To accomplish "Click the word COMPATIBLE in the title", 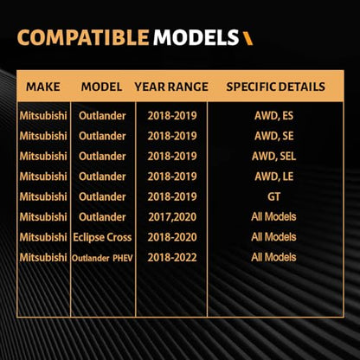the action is tap(83, 38).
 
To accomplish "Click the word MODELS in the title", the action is tap(196, 38).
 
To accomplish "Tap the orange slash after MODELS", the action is tap(247, 38).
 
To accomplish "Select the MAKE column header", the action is tap(43, 87).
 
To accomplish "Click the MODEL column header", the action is tap(101, 87).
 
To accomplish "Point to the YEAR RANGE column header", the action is tap(171, 87).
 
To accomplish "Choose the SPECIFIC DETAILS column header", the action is tap(275, 87).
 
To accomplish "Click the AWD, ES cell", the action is tap(273, 116).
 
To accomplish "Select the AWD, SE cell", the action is tap(273, 136).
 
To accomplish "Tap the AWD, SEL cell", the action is tap(273, 157).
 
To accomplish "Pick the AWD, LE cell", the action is tap(273, 177).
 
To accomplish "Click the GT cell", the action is tap(273, 196).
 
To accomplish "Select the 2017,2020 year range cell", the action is tap(172, 217).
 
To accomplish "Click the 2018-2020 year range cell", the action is tap(172, 237).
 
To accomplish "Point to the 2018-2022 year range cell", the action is tap(172, 257).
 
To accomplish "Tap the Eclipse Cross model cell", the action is tap(102, 237).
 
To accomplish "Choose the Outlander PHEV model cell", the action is tap(102, 258).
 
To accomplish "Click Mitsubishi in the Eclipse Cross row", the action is tap(43, 237).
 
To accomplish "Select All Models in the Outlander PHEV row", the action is tap(273, 257).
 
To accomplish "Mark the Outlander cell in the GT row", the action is tap(102, 196).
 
